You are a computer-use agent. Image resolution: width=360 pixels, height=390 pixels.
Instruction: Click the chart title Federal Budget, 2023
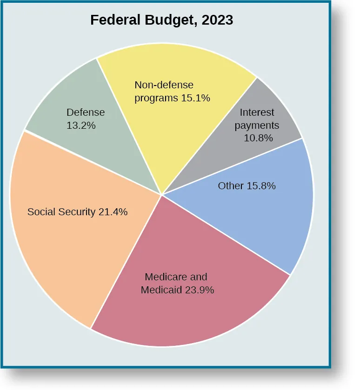161,20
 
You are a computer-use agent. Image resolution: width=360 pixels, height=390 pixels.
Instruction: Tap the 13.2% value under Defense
81,125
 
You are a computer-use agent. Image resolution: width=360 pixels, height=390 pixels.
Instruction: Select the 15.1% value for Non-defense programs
195,98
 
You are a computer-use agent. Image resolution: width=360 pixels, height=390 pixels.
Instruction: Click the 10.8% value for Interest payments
258,138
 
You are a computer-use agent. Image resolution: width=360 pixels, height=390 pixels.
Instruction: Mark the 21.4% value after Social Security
113,212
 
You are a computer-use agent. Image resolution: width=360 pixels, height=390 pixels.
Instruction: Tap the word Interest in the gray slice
257,112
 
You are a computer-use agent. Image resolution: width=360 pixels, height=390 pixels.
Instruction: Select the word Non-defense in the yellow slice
164,85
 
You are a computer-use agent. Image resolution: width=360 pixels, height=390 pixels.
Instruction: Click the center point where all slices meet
161,195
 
